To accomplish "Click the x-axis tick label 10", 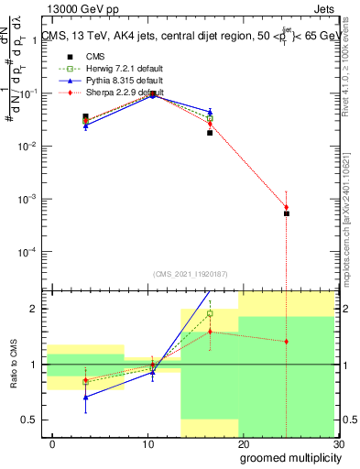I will click(x=147, y=443).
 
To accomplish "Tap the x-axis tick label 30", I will click(x=338, y=443).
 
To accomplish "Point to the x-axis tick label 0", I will click(x=52, y=443).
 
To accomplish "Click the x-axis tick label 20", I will click(x=243, y=443).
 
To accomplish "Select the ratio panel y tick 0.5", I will click(x=32, y=420).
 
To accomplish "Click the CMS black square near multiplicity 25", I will click(x=287, y=213).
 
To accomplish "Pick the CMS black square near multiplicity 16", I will click(x=210, y=133).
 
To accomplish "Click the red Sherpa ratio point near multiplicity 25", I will click(x=287, y=342).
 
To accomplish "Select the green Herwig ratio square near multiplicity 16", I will click(x=210, y=313).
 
